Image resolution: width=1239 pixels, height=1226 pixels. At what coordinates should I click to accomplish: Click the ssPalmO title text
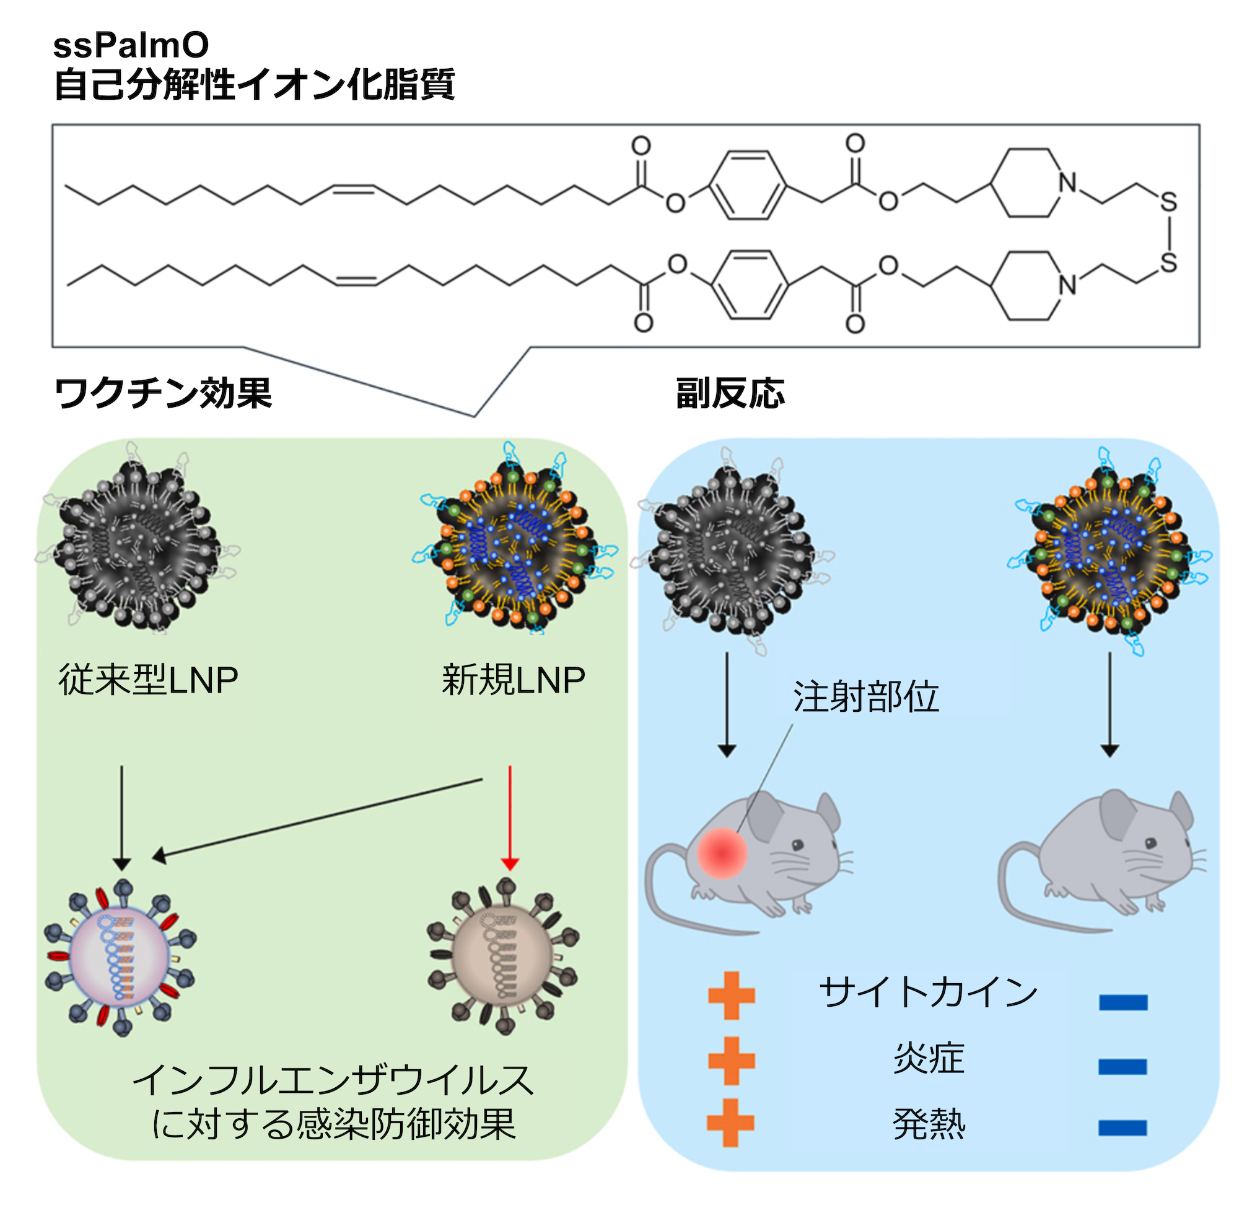click(131, 45)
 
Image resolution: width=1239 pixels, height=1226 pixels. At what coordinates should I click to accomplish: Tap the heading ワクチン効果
click(163, 393)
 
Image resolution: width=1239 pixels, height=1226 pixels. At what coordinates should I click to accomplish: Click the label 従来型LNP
click(148, 680)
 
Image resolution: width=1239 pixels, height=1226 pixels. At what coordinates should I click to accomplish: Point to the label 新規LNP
click(513, 680)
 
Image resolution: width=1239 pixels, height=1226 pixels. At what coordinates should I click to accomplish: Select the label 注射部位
click(866, 697)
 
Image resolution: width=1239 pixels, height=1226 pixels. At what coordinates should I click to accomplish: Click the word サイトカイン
click(928, 992)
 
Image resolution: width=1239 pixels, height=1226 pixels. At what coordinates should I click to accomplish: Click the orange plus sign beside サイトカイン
click(731, 995)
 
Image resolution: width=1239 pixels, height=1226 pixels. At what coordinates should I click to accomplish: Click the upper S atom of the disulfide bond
click(1168, 203)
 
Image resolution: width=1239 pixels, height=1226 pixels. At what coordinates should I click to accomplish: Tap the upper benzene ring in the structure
click(748, 186)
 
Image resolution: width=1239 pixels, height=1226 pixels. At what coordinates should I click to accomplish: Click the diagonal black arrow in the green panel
click(317, 818)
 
